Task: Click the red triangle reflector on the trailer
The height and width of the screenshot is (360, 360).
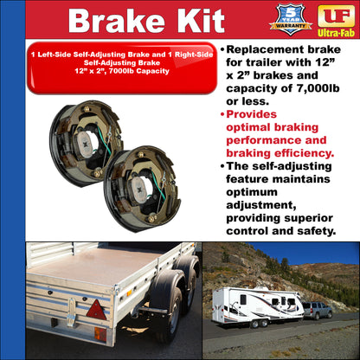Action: pos(95,311)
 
